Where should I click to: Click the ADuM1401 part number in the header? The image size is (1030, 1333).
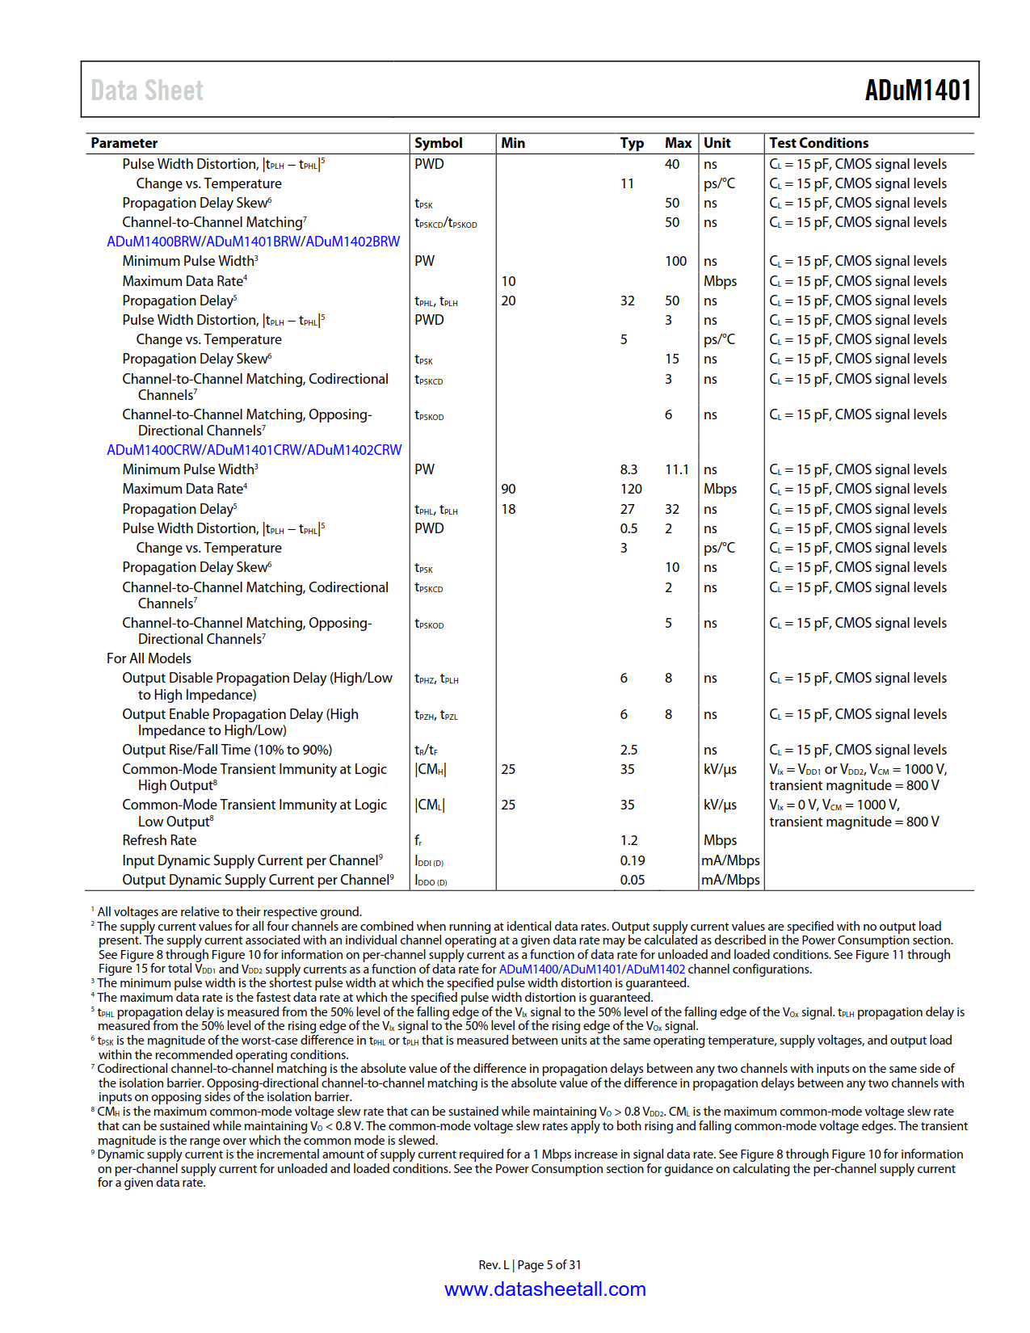[x=917, y=90]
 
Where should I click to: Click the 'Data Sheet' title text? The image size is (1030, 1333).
[x=147, y=90]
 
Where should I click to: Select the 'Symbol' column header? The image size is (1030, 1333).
[x=439, y=143]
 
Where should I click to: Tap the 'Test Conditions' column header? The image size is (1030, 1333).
[x=818, y=143]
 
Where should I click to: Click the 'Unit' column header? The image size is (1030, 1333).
[x=717, y=143]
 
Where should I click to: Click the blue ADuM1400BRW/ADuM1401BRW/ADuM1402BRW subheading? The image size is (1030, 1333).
[x=253, y=242]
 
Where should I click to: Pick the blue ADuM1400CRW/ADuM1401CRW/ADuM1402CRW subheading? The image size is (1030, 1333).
[x=254, y=450]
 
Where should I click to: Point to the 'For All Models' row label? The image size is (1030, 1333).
[x=149, y=658]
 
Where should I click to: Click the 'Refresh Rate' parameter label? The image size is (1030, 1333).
[x=159, y=840]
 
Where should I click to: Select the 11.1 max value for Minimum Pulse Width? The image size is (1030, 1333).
[x=676, y=469]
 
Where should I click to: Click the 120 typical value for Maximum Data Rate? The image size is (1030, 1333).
[x=631, y=489]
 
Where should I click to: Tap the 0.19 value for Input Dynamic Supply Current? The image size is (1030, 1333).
[x=633, y=860]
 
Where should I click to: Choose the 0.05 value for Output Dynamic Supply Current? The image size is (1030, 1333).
[x=633, y=880]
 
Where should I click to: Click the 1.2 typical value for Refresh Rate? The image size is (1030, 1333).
[x=629, y=840]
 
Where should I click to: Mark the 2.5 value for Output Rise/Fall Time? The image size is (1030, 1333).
[x=629, y=750]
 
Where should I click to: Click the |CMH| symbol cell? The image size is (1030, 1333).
[x=430, y=769]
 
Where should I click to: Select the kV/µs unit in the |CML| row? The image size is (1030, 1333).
[x=720, y=805]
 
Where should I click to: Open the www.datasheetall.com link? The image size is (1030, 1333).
[x=545, y=1289]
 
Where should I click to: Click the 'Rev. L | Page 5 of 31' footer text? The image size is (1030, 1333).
[x=529, y=1265]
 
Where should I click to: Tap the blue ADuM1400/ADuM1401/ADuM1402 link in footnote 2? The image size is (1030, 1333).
[x=591, y=969]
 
